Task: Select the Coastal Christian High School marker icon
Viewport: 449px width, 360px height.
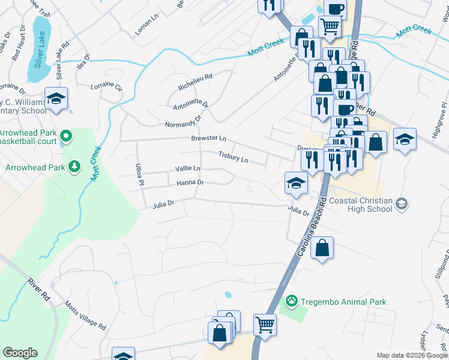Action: click(402, 205)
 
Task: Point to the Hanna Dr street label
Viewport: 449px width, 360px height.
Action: click(190, 182)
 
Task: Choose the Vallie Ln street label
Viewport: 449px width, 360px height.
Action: click(187, 169)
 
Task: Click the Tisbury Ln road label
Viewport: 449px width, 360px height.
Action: click(233, 157)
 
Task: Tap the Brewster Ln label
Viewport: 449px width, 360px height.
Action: click(208, 138)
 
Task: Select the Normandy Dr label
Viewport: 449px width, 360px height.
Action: click(182, 124)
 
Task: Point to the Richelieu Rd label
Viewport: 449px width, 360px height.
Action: click(196, 82)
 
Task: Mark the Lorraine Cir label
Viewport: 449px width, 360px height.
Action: click(106, 86)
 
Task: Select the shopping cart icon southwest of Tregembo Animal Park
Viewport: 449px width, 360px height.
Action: click(264, 325)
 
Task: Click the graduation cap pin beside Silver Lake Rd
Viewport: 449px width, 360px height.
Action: click(56, 98)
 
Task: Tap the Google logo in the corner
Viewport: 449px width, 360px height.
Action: click(20, 353)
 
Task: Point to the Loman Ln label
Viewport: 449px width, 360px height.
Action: click(146, 26)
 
